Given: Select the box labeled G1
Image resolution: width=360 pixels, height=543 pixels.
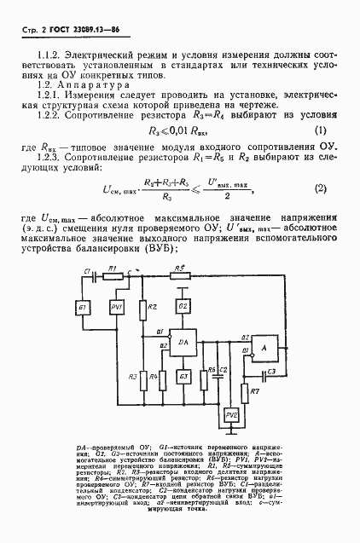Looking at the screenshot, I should pos(84,308).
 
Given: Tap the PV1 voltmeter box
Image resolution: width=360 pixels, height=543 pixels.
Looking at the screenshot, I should pos(117,308).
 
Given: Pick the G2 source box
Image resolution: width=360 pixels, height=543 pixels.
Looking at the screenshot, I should pos(182,306).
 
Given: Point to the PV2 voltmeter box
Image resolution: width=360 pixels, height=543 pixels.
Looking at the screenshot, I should pos(230,414).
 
